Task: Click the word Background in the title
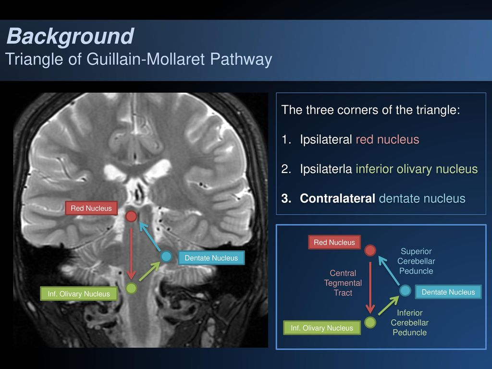pyautogui.click(x=71, y=37)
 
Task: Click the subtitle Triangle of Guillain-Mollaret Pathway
pyautogui.click(x=139, y=60)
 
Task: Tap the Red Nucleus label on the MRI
pyautogui.click(x=91, y=208)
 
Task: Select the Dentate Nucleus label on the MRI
pyautogui.click(x=211, y=258)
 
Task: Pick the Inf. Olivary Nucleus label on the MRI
pyautogui.click(x=79, y=294)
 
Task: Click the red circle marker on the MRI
pyautogui.click(x=131, y=216)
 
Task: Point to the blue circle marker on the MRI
pyautogui.click(x=166, y=256)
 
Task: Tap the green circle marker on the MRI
pyautogui.click(x=131, y=288)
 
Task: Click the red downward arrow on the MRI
pyautogui.click(x=131, y=252)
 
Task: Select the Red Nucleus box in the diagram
pyautogui.click(x=334, y=242)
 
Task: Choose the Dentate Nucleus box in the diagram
pyautogui.click(x=448, y=292)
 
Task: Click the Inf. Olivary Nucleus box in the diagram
pyautogui.click(x=322, y=328)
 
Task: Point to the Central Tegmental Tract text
pyautogui.click(x=343, y=283)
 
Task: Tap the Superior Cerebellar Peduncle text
pyautogui.click(x=416, y=261)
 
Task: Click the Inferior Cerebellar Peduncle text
pyautogui.click(x=409, y=322)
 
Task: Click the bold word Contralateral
pyautogui.click(x=337, y=198)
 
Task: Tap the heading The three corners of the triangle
pyautogui.click(x=370, y=110)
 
